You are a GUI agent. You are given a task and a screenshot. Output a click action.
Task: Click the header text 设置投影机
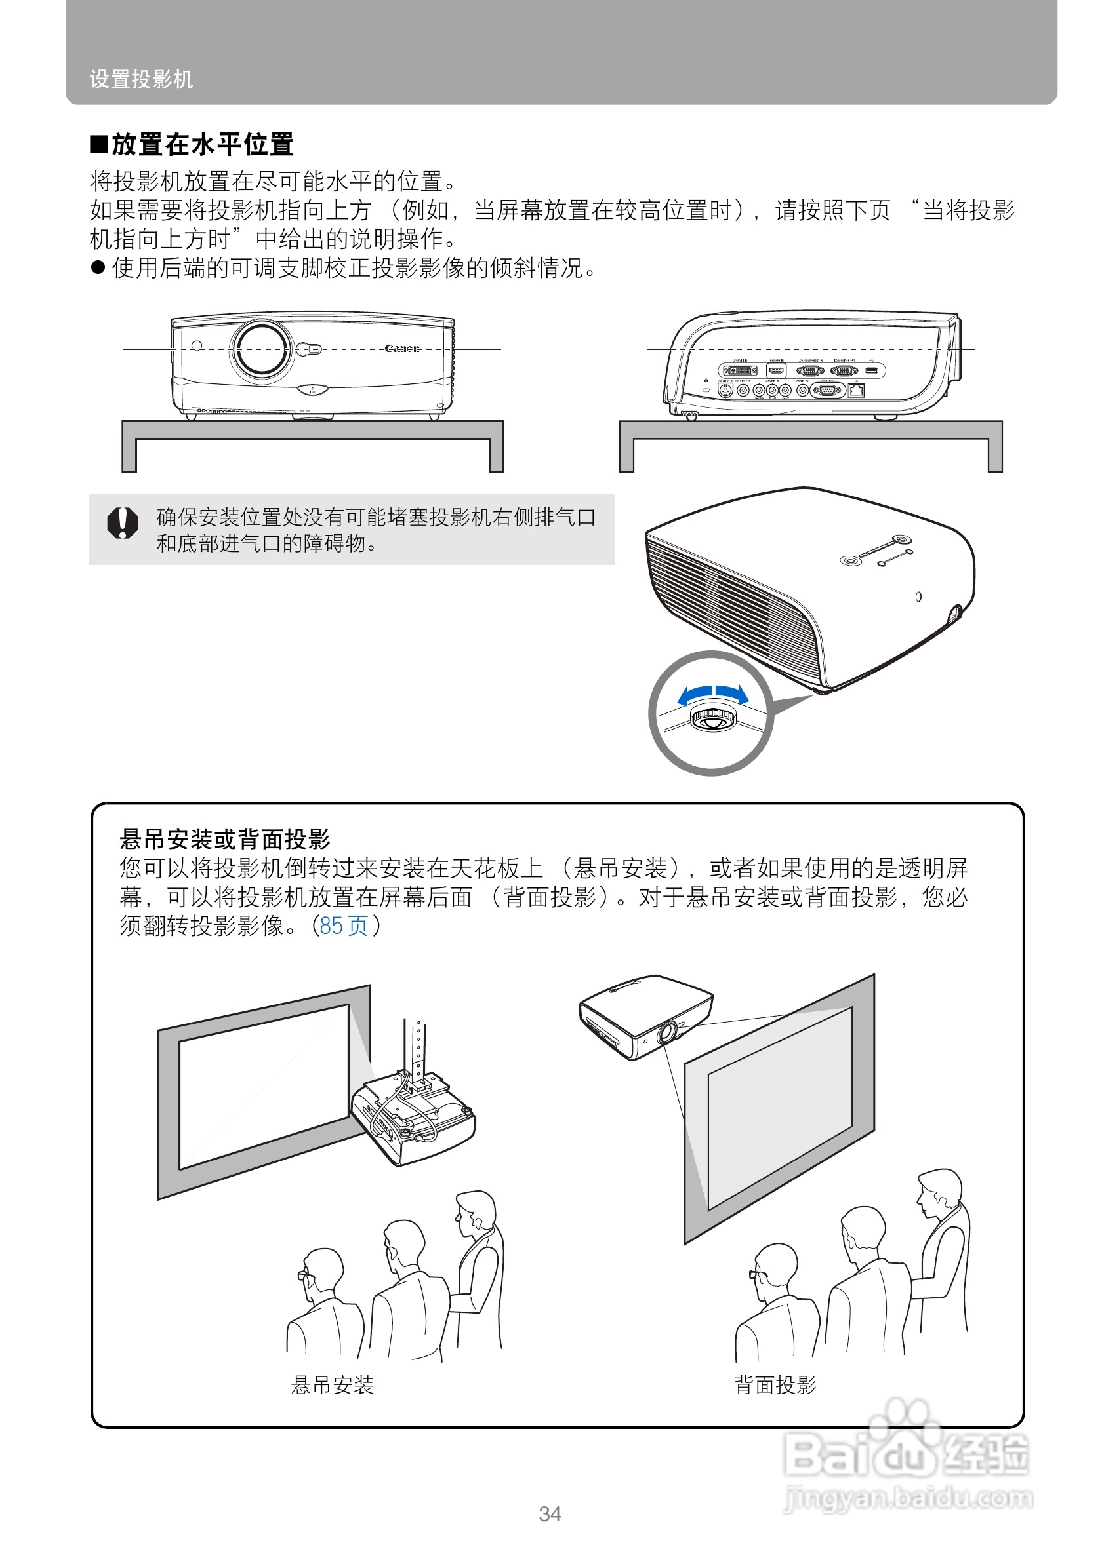point(141,79)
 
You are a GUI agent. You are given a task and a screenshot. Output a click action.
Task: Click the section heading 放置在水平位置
point(201,145)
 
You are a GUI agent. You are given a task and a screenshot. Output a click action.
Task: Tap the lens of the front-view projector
point(261,349)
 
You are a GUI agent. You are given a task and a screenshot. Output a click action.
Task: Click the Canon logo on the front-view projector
point(402,349)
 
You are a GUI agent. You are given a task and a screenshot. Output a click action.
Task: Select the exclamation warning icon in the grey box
point(123,522)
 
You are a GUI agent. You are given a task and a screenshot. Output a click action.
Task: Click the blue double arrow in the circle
point(712,693)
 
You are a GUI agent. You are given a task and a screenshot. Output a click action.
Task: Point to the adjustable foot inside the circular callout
point(712,718)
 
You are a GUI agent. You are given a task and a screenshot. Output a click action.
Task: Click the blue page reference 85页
point(343,926)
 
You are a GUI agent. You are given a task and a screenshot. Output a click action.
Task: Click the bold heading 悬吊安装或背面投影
point(224,839)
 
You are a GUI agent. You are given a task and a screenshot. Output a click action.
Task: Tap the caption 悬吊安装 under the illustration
point(332,1384)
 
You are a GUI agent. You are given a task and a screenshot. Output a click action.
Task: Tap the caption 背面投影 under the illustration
point(774,1384)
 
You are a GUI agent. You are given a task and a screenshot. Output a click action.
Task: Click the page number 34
point(549,1514)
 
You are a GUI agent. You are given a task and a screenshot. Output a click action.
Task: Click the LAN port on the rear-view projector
point(857,391)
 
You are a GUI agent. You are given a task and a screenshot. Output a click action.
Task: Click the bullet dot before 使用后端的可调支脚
point(98,267)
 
